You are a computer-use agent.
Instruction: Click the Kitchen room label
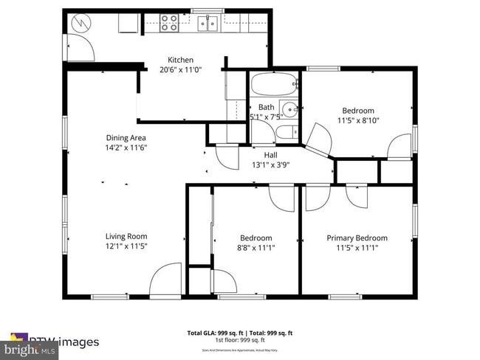[180, 60]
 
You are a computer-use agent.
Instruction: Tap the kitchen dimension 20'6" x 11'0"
[180, 70]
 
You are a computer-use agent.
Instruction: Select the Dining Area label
[126, 137]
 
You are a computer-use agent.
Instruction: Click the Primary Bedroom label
[357, 238]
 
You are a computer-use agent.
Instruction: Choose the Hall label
[270, 155]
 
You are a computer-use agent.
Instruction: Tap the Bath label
[266, 108]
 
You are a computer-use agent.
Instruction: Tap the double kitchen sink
[207, 24]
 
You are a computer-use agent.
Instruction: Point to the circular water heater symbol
[78, 23]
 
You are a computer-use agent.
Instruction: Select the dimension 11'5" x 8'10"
[358, 120]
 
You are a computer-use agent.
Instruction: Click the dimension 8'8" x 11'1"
[256, 248]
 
